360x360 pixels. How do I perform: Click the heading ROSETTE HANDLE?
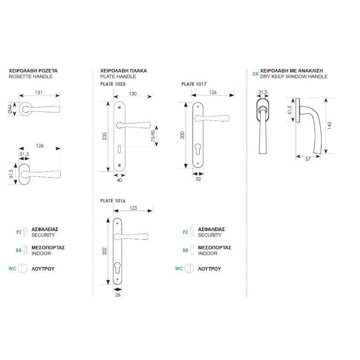[31, 76]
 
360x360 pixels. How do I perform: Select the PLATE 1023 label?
[112, 84]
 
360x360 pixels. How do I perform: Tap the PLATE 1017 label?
[194, 84]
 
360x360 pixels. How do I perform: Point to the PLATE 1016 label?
[112, 200]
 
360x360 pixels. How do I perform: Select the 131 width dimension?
[39, 93]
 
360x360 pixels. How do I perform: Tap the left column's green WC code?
[12, 269]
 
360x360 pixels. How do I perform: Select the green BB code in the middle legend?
[185, 250]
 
